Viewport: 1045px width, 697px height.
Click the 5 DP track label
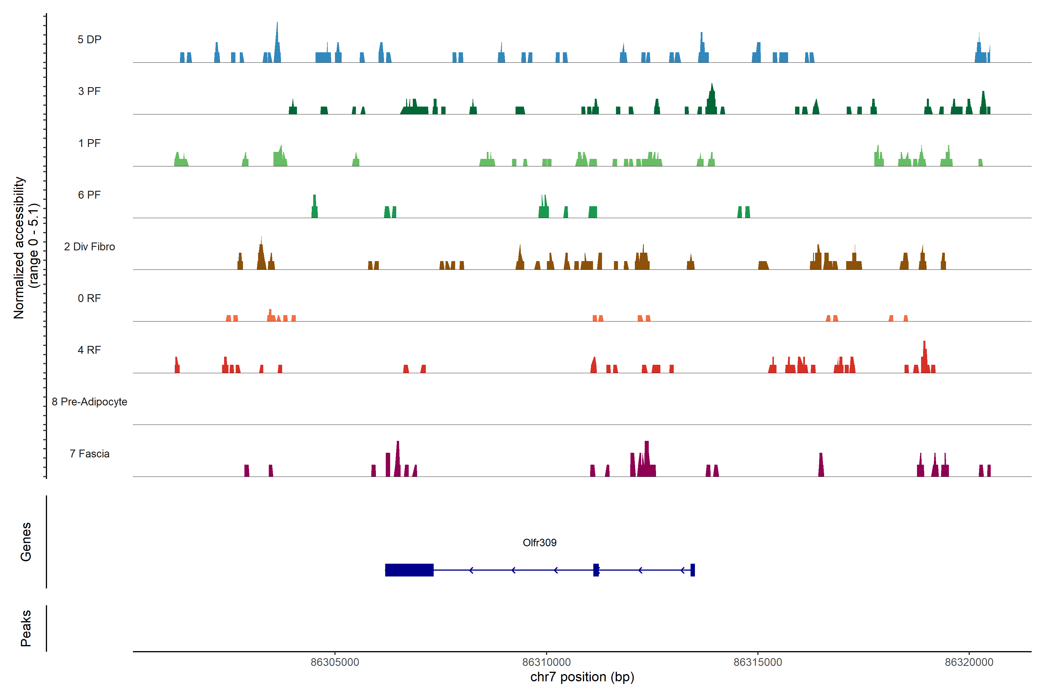[x=89, y=39]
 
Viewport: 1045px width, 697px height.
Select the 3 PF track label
[x=89, y=91]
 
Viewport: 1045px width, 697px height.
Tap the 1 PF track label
[x=89, y=143]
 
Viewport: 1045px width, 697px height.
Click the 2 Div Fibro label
[x=89, y=247]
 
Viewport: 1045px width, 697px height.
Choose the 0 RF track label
[x=89, y=298]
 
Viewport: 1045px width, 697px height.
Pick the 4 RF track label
[x=89, y=350]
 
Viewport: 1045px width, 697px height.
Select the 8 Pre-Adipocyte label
[x=89, y=402]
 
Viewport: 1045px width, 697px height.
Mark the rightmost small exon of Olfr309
[x=692, y=570]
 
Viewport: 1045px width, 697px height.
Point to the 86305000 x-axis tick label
[x=335, y=662]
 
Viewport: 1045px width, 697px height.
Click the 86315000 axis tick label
[x=758, y=662]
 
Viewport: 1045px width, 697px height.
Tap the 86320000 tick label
[x=969, y=662]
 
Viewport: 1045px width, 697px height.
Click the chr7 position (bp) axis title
[x=582, y=677]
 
